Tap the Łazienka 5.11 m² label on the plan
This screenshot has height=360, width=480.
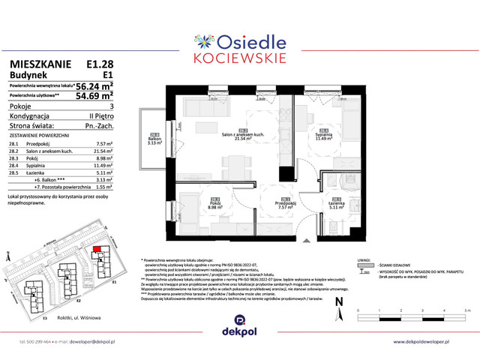[336, 200]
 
